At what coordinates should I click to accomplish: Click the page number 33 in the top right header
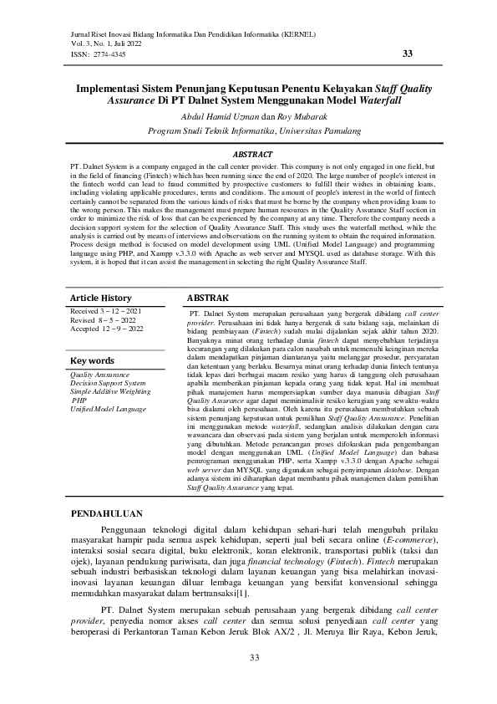pos(408,54)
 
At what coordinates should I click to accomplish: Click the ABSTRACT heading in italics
pos(251,155)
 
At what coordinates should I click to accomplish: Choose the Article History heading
pos(100,298)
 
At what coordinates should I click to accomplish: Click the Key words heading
pos(93,360)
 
